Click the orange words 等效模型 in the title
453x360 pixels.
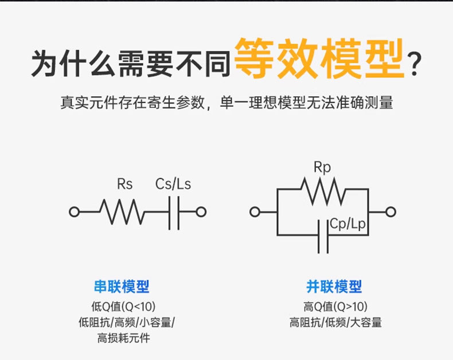tap(319, 59)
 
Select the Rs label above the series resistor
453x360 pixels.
tap(124, 184)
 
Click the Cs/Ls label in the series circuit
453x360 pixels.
tap(173, 184)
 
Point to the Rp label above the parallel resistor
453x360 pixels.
tap(322, 167)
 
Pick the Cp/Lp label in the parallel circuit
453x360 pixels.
tap(347, 224)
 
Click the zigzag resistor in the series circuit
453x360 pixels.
tap(122, 212)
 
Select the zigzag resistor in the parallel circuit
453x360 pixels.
tap(323, 190)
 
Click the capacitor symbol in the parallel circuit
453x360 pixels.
tap(323, 235)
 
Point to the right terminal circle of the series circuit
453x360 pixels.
tap(201, 212)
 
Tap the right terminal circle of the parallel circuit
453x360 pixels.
tap(390, 212)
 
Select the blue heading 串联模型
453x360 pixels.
tap(122, 287)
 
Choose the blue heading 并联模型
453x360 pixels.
tap(334, 287)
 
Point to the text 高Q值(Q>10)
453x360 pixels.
tap(335, 306)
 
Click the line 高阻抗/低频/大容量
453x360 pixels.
tap(335, 322)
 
